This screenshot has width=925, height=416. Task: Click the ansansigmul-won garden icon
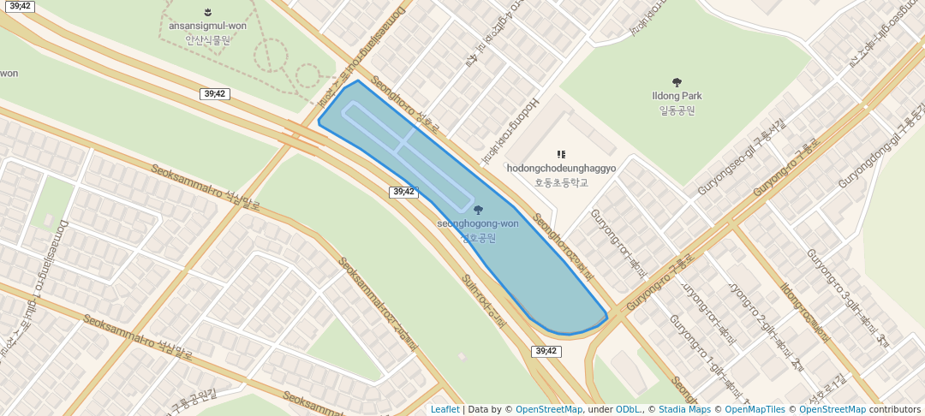pos(209,12)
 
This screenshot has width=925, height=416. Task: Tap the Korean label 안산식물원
pos(209,39)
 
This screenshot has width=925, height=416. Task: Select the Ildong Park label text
pos(677,97)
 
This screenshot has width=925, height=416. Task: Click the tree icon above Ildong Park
pos(677,83)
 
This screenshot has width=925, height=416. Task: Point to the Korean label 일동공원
pos(677,110)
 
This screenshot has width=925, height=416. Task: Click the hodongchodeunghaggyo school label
pos(561,169)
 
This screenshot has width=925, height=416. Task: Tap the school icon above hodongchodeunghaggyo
pos(562,155)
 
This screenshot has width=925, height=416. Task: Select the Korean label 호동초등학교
pos(561,182)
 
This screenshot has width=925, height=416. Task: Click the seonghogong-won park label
pos(478,224)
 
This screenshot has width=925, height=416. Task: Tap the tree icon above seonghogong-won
pos(478,210)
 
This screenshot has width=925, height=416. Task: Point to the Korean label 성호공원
pos(478,237)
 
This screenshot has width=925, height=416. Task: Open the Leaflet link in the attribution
pos(445,409)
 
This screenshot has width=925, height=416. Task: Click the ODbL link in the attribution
pos(628,409)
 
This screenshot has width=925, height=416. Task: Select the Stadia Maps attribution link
pos(685,409)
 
